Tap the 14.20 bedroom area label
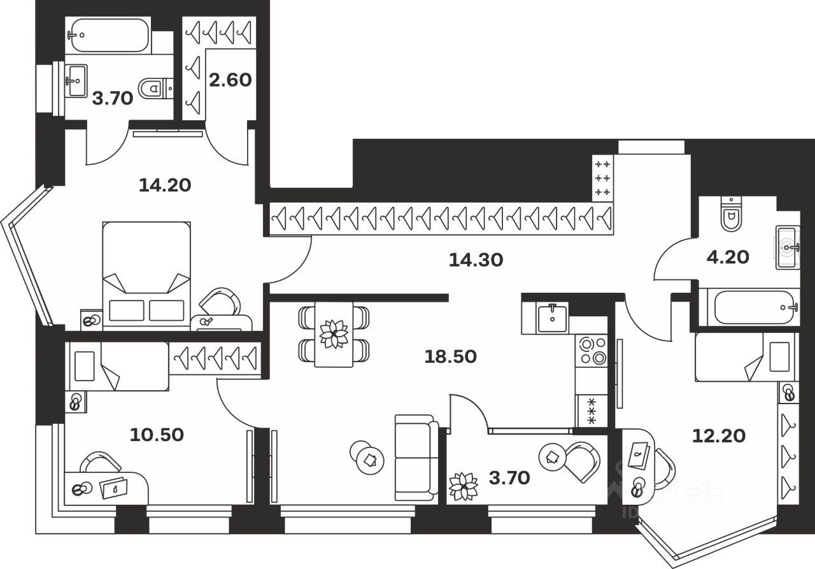pos(165,185)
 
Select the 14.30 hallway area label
pos(476,260)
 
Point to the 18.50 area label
pos(451,356)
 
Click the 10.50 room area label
pos(157,435)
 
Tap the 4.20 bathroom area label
pos(728,256)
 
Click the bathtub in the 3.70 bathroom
pos(110,35)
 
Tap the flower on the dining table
pos(334,334)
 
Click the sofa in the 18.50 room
pos(416,456)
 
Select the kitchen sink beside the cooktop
pos(552,318)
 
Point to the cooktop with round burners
pos(592,351)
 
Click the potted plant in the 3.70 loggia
pos(463,486)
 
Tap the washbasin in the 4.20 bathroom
pos(787,247)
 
